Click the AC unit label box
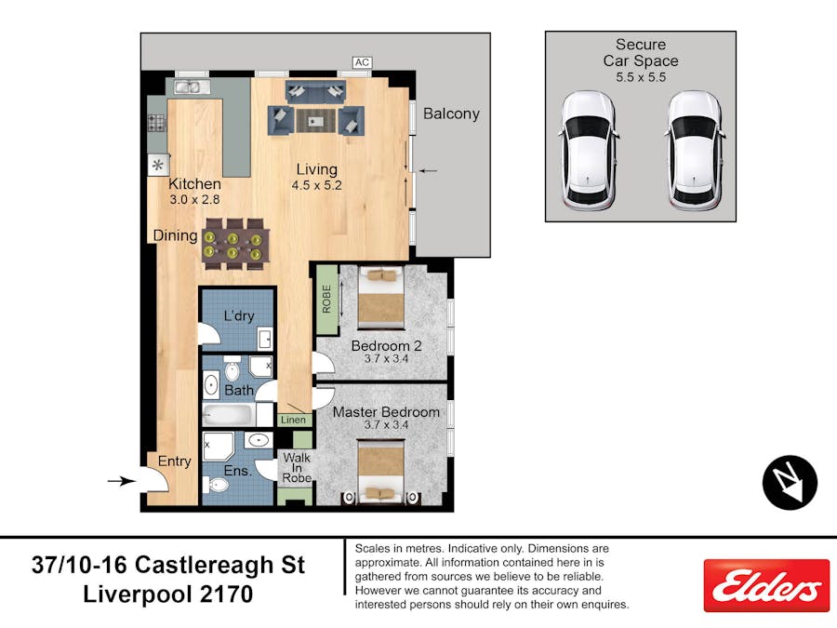coord(362,62)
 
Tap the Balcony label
coord(451,114)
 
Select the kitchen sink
coord(187,87)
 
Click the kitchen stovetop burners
coord(157,123)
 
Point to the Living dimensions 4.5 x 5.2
coord(316,185)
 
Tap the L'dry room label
coord(239,315)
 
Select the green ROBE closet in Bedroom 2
coord(326,299)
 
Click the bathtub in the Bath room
coord(230,414)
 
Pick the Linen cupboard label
coord(294,420)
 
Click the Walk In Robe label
coord(297,467)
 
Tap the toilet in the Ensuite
coord(216,486)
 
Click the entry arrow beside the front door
coord(121,481)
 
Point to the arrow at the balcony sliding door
coord(428,171)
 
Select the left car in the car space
coord(588,151)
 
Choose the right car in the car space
coord(695,151)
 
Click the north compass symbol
coord(790,482)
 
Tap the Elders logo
coord(766,586)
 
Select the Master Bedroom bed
coord(380,472)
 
